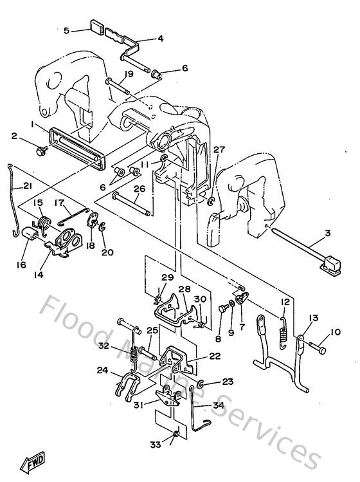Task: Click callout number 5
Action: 66,30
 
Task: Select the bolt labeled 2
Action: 40,152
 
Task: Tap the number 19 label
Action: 129,74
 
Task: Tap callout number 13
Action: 314,319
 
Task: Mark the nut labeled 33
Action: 174,439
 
